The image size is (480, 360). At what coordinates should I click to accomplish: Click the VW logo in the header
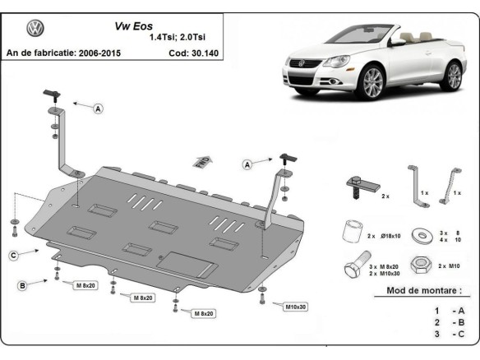35,29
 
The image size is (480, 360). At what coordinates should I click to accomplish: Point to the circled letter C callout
14,256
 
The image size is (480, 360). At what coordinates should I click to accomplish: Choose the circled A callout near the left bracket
98,108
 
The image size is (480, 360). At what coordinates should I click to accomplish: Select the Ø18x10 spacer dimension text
381,236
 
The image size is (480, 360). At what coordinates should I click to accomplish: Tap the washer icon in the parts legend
426,236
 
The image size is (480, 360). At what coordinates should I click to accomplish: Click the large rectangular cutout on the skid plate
187,262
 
